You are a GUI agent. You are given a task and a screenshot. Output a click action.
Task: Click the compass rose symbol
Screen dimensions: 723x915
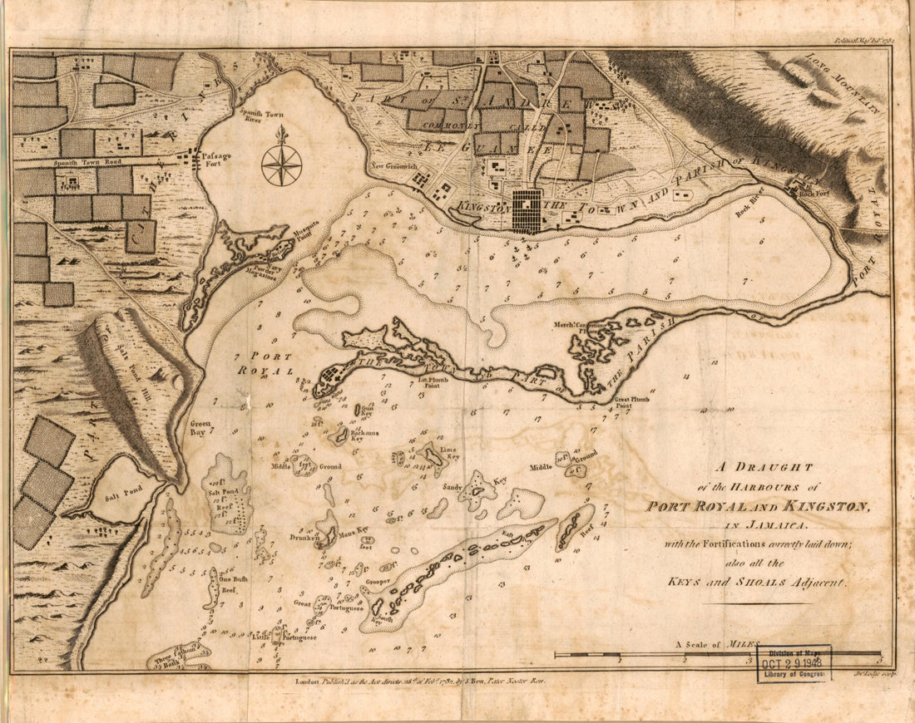(x=281, y=163)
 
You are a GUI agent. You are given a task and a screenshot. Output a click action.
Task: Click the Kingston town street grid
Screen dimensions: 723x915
(x=526, y=210)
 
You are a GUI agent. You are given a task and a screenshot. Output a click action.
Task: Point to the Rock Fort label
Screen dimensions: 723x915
(x=815, y=194)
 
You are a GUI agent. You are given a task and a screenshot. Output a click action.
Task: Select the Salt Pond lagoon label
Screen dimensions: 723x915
(x=124, y=490)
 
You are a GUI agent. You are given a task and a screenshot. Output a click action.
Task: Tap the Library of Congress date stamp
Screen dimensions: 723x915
(x=793, y=663)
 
